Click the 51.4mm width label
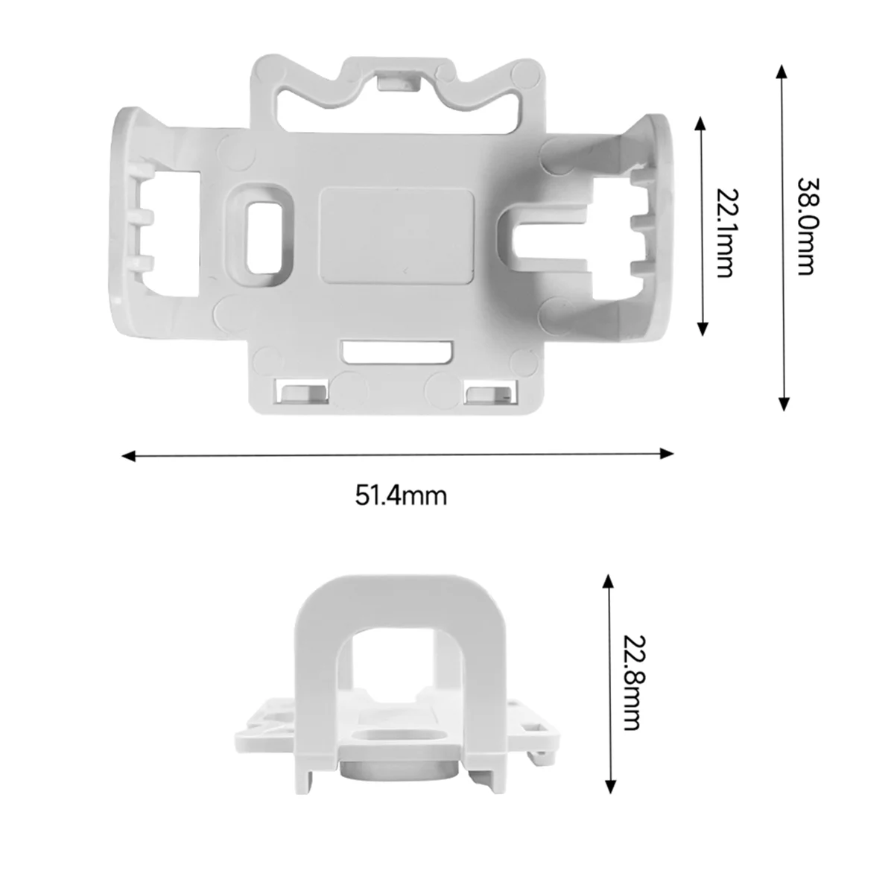[401, 495]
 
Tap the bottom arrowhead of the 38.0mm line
[782, 403]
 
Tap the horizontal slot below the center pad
[397, 352]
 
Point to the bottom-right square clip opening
[489, 393]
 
